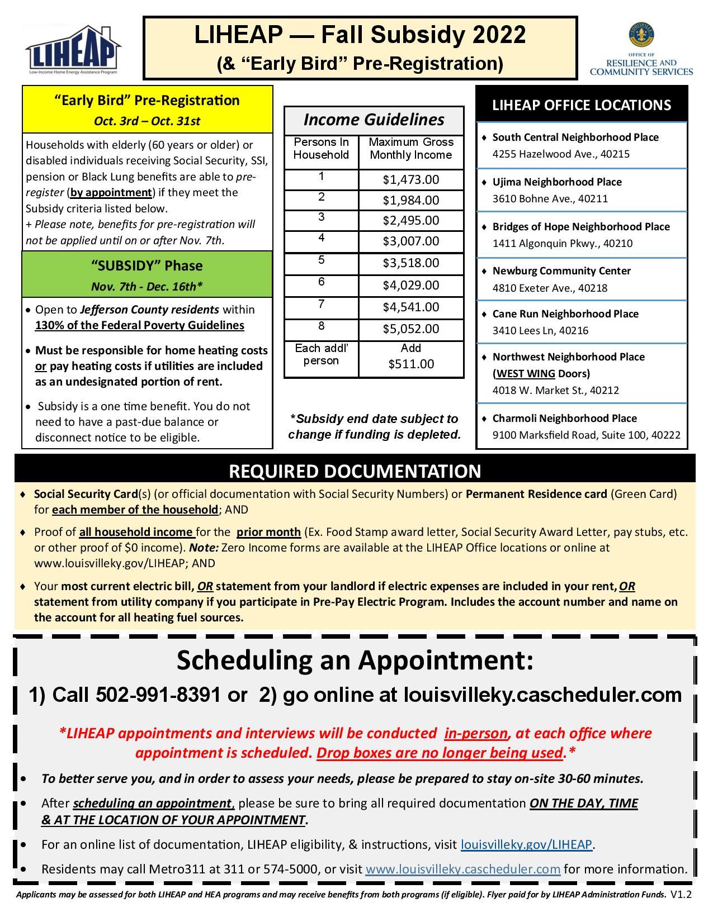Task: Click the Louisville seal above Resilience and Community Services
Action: pyautogui.click(x=641, y=35)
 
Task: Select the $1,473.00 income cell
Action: pyautogui.click(x=411, y=179)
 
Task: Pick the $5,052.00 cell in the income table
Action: pyautogui.click(x=411, y=329)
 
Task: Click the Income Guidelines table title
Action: pyautogui.click(x=374, y=120)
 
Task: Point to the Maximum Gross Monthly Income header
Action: pyautogui.click(x=411, y=149)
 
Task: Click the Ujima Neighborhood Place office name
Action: pyautogui.click(x=556, y=182)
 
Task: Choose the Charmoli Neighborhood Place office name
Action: pyautogui.click(x=564, y=418)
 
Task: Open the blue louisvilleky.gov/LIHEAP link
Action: pyautogui.click(x=526, y=844)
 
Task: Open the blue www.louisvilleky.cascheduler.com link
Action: pyautogui.click(x=462, y=869)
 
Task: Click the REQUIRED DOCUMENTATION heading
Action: pyautogui.click(x=355, y=471)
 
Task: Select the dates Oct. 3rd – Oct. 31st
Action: pyautogui.click(x=147, y=121)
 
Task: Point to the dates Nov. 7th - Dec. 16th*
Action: pyautogui.click(x=147, y=287)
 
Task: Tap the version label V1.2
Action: pyautogui.click(x=681, y=894)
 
